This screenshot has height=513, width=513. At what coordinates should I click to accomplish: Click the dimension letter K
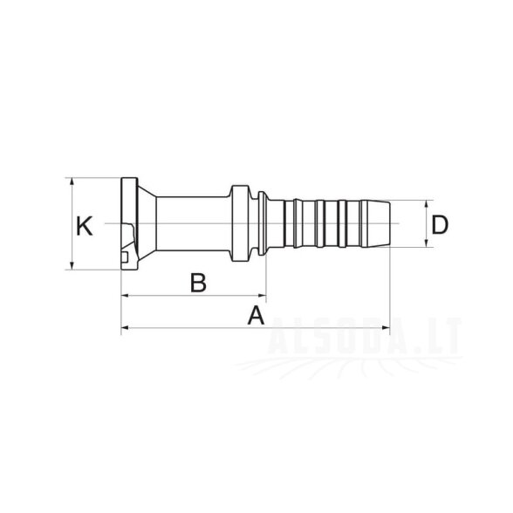coord(85,226)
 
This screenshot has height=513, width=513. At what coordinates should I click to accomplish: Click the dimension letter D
coord(440,225)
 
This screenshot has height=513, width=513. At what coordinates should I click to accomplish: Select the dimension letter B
coord(198,283)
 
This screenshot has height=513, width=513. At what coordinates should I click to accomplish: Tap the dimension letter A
coord(256,315)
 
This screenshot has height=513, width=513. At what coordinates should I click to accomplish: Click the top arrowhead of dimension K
coord(72,181)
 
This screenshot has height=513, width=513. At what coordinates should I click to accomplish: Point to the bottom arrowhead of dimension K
coord(72,265)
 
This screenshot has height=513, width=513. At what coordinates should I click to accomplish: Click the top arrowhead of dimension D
coord(426,204)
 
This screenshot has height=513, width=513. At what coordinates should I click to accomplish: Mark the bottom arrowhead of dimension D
coord(426,243)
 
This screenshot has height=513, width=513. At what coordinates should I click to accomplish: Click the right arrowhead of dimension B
coord(262,296)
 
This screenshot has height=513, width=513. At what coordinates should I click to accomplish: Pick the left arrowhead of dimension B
coord(126,296)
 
